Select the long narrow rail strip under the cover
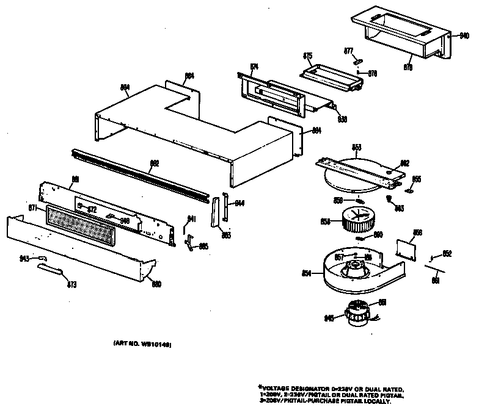coord(141,173)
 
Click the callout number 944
coord(239,203)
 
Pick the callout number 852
coord(447,253)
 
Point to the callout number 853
coord(357,147)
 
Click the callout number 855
coord(417,179)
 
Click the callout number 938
coord(342,119)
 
